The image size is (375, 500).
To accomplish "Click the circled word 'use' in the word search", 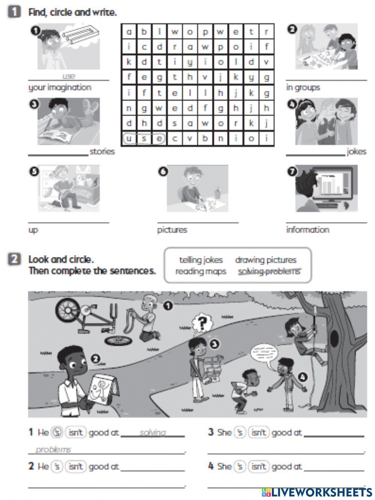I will pos(144,139).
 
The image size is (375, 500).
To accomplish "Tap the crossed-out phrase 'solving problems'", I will pos(269,271).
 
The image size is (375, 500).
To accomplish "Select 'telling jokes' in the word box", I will pos(201,260).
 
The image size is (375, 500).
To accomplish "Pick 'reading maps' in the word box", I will pos(201,271).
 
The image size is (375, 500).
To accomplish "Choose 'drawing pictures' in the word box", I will pos(265,260).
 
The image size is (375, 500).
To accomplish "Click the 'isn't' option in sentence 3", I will pos(259,433).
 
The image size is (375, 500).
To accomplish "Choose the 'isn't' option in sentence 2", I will pos(76,467).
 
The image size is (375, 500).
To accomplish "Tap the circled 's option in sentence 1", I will pos(57,433).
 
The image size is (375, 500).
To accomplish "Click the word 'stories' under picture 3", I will pos(102,152).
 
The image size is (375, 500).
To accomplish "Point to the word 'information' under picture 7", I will pos(307,230).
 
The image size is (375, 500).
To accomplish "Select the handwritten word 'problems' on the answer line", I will pos(53,449).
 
